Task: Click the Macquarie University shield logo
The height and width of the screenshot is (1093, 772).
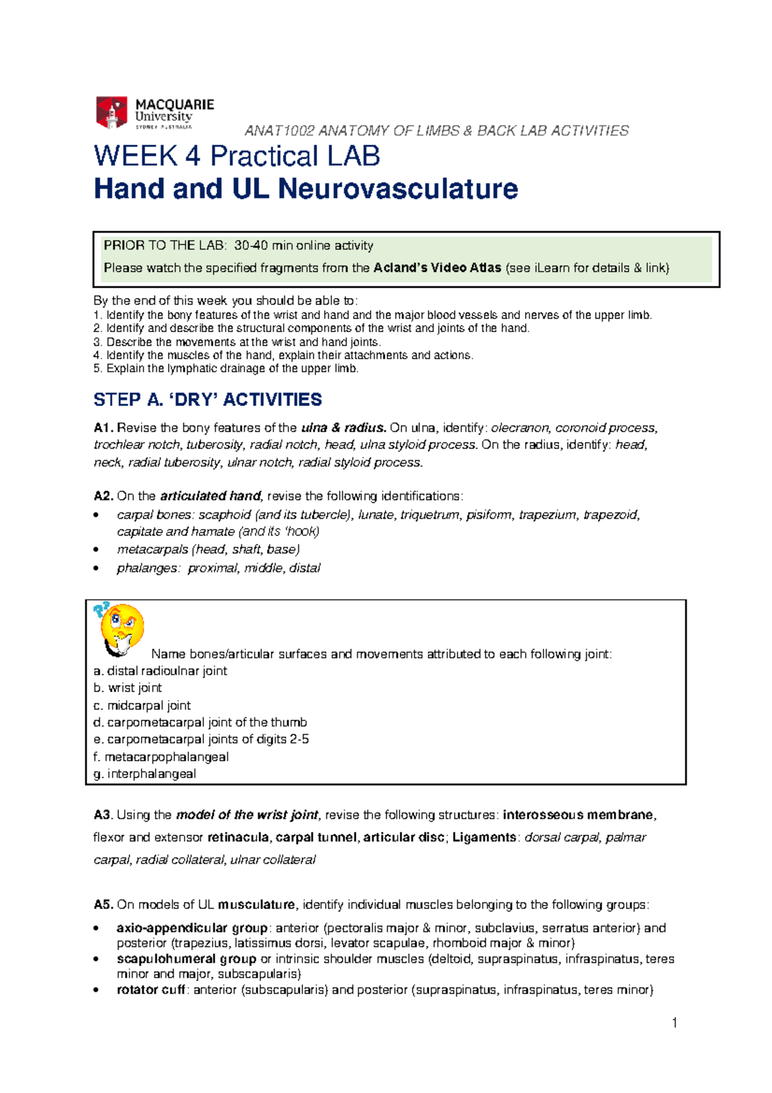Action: coord(111,113)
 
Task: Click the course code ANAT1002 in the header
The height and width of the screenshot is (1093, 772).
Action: coord(279,131)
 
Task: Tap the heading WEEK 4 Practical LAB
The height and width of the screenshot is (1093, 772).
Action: coord(237,156)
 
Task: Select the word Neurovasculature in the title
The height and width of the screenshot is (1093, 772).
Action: coord(398,189)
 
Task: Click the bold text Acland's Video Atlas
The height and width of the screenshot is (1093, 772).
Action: coord(437,268)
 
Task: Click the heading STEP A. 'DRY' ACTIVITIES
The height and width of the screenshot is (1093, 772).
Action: coord(207,400)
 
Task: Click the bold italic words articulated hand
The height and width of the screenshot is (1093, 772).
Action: coord(210,496)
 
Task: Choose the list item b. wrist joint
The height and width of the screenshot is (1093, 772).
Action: coord(127,688)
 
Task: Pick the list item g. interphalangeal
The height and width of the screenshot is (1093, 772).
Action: coord(145,774)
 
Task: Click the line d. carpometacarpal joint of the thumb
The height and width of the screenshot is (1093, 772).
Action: coord(200,722)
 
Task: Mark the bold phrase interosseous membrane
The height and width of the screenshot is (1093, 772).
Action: coord(578,815)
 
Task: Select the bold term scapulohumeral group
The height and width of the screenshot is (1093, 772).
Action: coord(186,959)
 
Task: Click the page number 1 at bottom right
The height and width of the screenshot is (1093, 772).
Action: coord(674,1023)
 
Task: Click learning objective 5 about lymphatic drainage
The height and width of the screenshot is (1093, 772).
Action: coord(226,369)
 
